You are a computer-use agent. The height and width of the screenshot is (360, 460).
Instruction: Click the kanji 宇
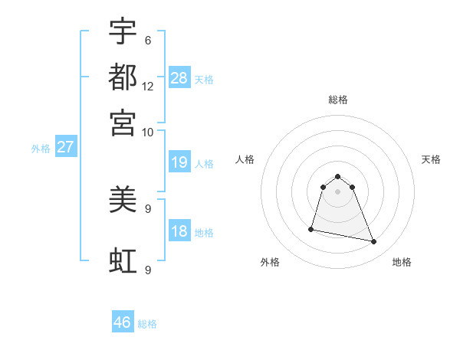pos(123,33)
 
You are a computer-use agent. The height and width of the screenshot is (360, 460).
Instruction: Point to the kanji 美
pos(123,201)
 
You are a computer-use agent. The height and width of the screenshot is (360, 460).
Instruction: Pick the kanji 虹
pos(123,261)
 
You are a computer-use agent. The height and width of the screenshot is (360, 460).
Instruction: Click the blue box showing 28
pos(179,78)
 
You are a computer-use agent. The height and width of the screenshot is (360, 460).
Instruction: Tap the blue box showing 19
pos(179,163)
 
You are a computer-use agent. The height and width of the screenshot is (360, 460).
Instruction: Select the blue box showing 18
pos(179,231)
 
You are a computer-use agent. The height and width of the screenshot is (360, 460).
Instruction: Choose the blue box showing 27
pos(65,147)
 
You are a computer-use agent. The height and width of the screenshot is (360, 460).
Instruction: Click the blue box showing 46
pos(123,322)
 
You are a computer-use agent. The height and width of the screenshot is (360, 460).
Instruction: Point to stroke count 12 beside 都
pos(148,87)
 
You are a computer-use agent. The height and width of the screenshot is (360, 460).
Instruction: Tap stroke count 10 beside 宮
pos(148,132)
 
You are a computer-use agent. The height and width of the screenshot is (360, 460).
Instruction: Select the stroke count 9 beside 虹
pos(148,270)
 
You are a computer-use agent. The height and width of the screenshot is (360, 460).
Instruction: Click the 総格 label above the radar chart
pos(338,100)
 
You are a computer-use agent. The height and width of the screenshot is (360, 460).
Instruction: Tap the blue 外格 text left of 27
pos(41,149)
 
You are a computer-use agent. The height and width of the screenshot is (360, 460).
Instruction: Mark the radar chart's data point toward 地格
pos(374,242)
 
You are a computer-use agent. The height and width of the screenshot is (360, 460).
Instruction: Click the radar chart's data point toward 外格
pos(311,228)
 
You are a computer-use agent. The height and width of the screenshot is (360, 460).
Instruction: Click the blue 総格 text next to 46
pos(147,324)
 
